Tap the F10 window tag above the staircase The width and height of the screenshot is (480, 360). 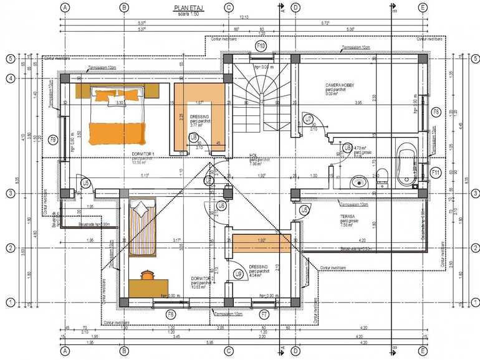coord(262,47)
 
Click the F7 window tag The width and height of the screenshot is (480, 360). coord(264,314)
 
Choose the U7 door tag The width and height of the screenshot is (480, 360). coord(308,119)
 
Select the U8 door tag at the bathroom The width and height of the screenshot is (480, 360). coord(347,148)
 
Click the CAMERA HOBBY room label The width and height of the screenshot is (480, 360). coord(341,85)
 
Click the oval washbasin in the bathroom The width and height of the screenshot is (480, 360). coord(358,182)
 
